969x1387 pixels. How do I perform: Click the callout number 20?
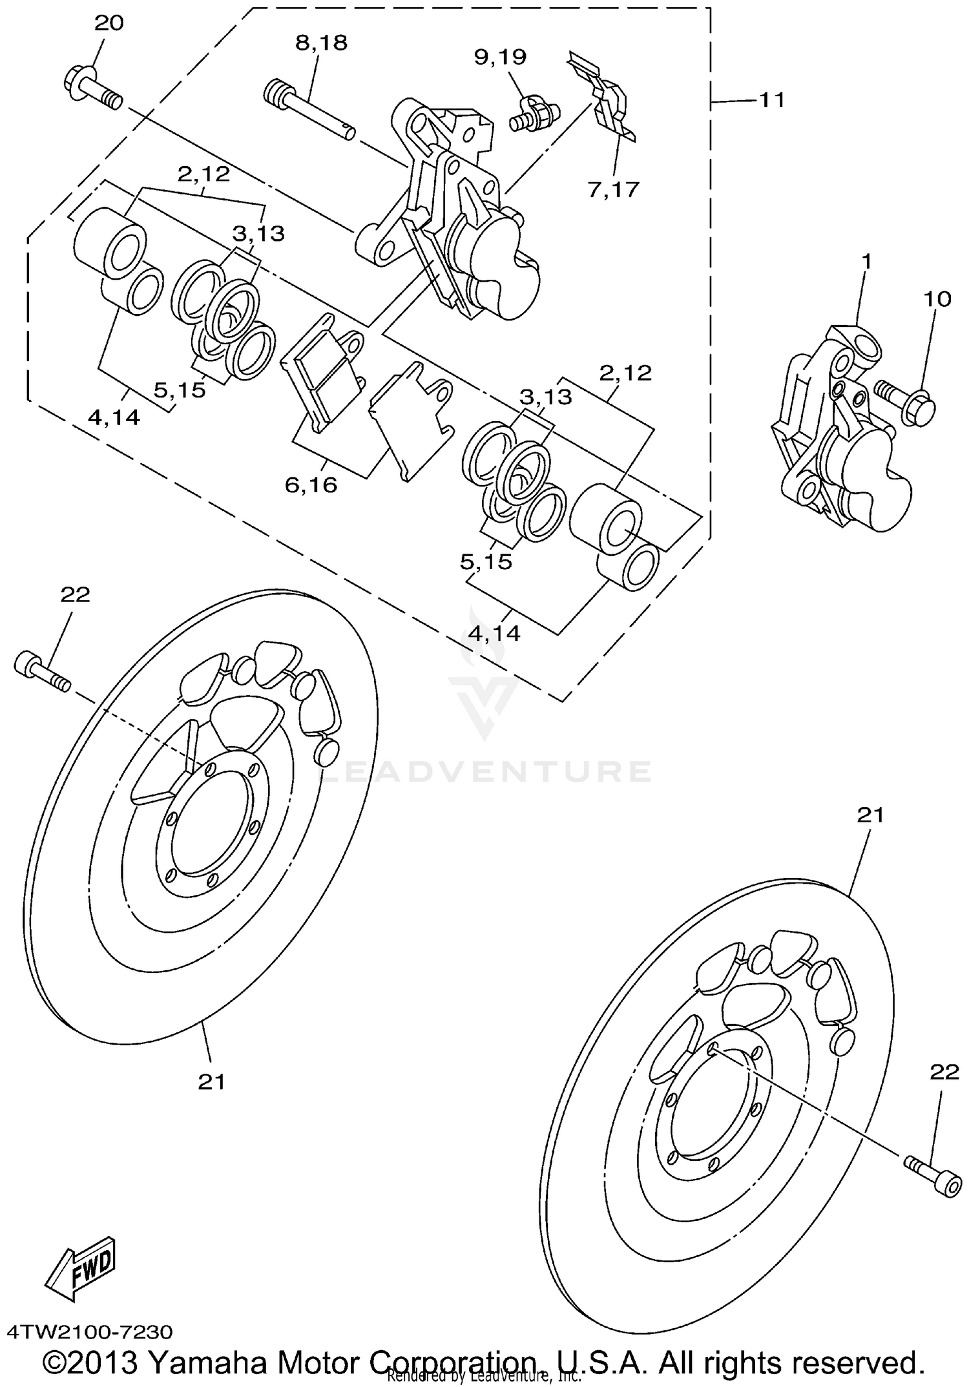click(109, 24)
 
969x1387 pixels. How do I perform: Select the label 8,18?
click(321, 43)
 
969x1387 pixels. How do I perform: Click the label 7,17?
click(613, 189)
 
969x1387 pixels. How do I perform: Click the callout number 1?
click(866, 262)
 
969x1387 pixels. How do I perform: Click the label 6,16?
click(311, 485)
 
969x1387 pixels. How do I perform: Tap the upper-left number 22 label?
click(76, 594)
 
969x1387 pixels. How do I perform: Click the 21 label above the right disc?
click(870, 815)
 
